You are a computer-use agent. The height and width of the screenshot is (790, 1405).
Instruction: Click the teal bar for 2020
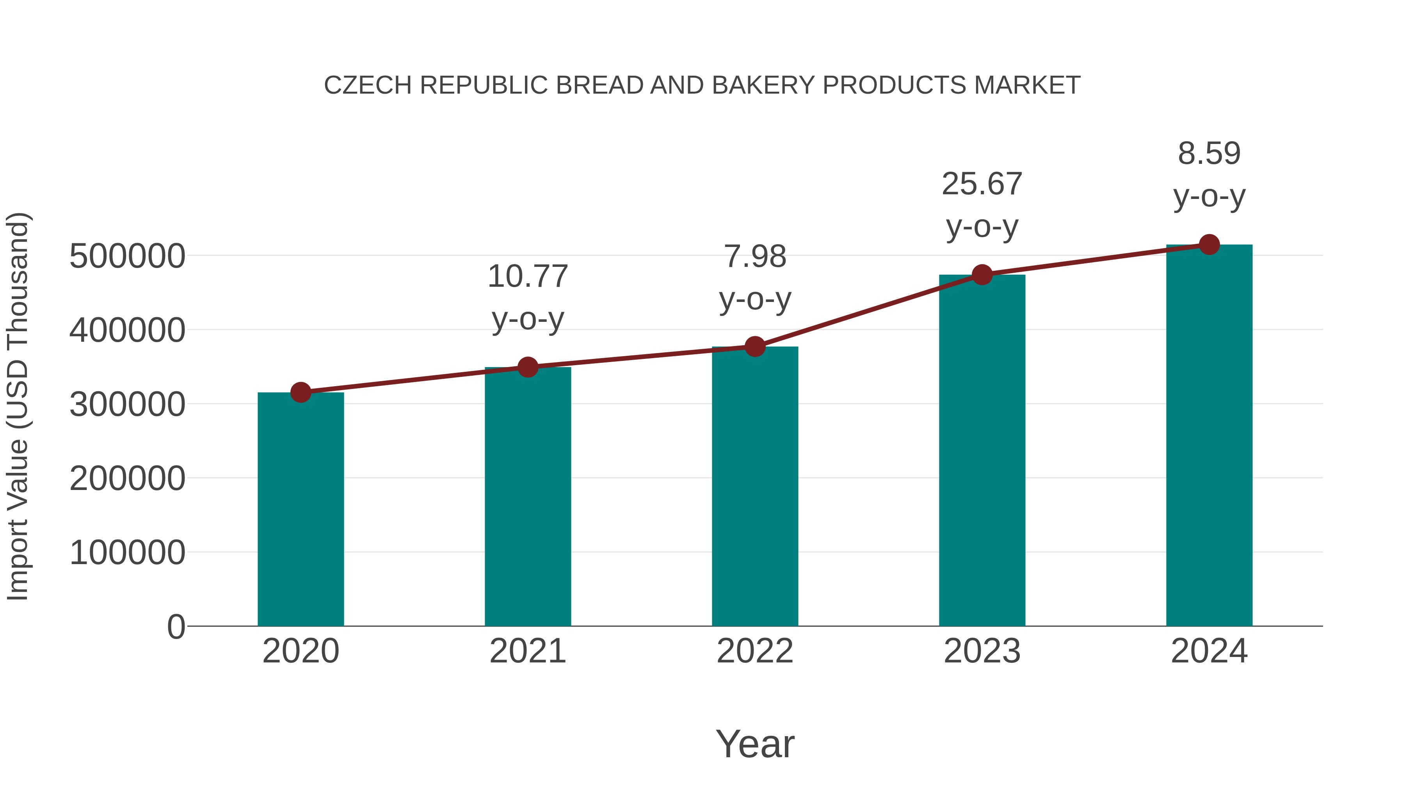tap(301, 510)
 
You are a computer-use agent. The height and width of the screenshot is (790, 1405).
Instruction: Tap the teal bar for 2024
tap(1209, 436)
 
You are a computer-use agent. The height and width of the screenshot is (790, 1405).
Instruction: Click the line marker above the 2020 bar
tap(301, 392)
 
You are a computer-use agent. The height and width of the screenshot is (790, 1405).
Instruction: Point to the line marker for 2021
tap(527, 367)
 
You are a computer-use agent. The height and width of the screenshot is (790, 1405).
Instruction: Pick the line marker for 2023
tap(982, 275)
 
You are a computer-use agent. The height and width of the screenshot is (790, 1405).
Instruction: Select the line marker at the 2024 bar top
tap(1209, 245)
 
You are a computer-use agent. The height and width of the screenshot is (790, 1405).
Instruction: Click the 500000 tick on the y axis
tap(127, 256)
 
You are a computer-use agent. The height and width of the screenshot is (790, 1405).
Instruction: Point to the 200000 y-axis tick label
tap(127, 479)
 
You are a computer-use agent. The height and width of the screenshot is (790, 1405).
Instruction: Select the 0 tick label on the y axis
tap(176, 627)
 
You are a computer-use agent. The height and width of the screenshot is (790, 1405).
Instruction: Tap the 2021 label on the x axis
tap(527, 651)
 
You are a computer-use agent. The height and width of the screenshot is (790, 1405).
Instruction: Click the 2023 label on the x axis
tap(982, 651)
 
